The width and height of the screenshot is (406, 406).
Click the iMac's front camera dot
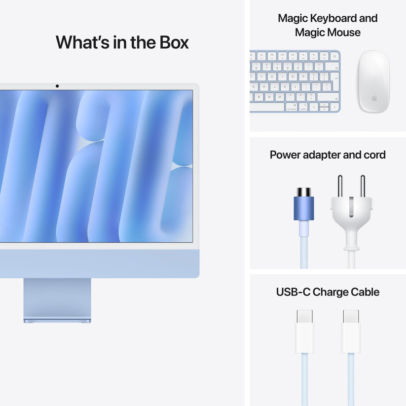pos(57,86)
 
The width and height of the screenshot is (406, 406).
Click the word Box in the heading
pos(174,42)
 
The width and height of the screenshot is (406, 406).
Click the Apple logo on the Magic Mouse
pos(374,98)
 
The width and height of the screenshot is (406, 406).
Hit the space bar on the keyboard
pos(267,107)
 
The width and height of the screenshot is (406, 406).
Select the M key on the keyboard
pos(280,97)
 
